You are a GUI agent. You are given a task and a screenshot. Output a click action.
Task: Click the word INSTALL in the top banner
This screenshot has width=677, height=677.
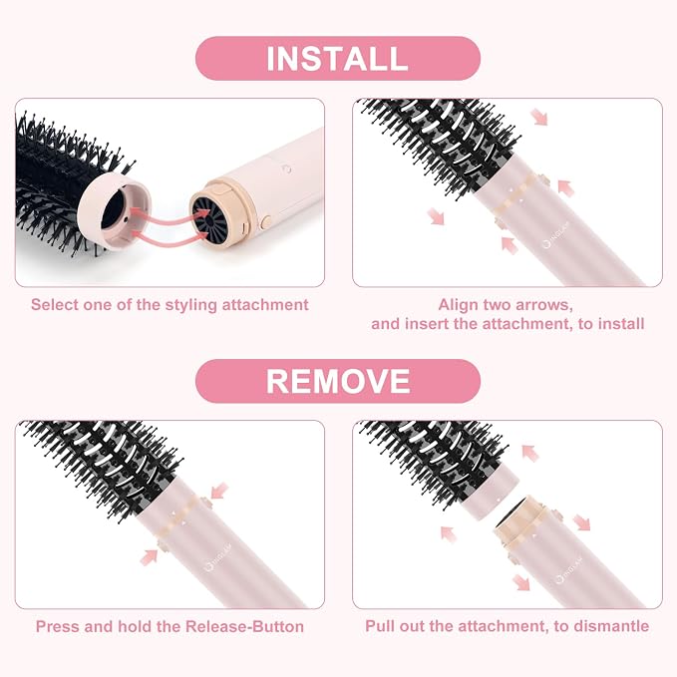337,59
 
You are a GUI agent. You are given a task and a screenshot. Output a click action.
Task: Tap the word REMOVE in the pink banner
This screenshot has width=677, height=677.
338,381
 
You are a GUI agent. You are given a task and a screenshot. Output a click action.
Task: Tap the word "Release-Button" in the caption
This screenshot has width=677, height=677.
245,626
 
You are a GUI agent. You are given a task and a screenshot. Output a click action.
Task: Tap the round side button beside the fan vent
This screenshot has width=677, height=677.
266,222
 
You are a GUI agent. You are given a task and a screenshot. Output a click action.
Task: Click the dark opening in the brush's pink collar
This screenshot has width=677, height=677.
113,211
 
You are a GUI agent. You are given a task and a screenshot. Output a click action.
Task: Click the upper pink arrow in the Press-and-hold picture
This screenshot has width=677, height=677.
219,491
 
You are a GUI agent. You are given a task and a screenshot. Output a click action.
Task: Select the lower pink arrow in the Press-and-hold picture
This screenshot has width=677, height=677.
149,556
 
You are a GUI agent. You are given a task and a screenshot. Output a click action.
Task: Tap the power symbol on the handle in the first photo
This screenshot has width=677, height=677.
287,169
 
